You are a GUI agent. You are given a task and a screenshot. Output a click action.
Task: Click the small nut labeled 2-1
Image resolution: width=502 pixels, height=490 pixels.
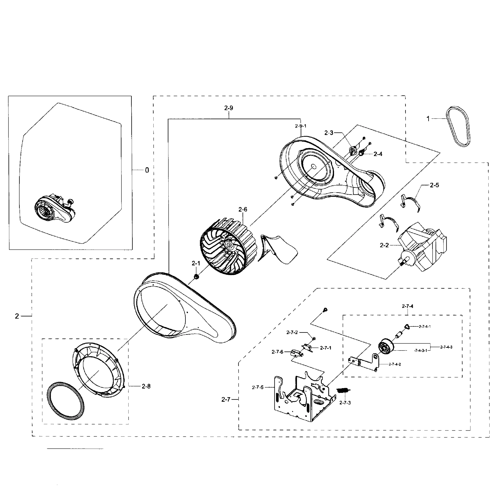click(x=196, y=277)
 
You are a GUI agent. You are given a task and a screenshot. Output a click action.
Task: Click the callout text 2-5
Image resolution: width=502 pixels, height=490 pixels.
click(x=434, y=185)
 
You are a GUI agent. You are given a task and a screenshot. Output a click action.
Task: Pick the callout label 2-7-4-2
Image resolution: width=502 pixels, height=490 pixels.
click(x=395, y=364)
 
